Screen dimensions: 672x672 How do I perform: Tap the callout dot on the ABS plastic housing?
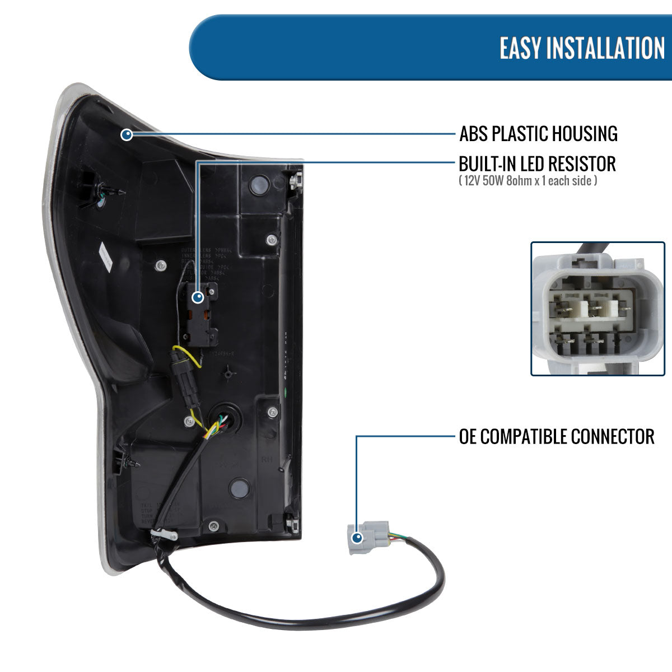click(x=127, y=134)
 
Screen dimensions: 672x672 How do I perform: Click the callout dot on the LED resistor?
click(x=197, y=298)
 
